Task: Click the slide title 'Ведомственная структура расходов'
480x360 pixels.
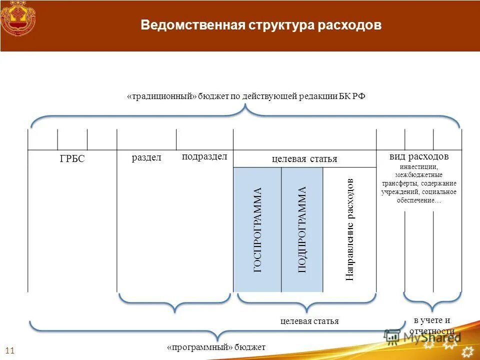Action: [x=261, y=25]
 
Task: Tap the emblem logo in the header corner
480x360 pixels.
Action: [x=18, y=18]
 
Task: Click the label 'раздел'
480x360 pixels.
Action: [x=146, y=158]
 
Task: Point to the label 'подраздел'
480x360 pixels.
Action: [x=204, y=156]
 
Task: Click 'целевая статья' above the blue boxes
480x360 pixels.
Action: [x=304, y=159]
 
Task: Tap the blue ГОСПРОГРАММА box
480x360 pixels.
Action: [x=257, y=230]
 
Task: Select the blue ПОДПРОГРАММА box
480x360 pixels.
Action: [x=302, y=230]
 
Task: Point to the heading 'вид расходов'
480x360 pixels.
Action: [x=419, y=156]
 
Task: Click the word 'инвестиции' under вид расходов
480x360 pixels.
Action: [x=419, y=166]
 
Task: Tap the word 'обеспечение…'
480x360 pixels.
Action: [x=419, y=200]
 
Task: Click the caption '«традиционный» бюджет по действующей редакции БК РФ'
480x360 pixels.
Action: [x=246, y=96]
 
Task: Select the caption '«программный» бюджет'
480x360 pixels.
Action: [x=216, y=347]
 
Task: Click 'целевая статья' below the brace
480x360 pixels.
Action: [x=309, y=321]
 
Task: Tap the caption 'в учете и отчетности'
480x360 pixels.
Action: [x=432, y=325]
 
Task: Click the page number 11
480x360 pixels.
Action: [x=9, y=350]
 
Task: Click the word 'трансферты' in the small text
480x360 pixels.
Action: [x=398, y=183]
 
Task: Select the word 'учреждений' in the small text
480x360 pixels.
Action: [x=400, y=192]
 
